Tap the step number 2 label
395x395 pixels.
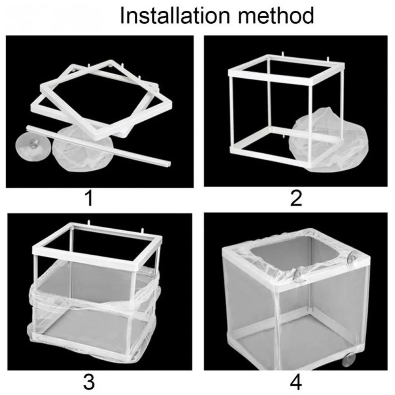tap(296, 198)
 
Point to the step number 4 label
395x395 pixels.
tap(296, 382)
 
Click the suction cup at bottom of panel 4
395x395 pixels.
tap(349, 359)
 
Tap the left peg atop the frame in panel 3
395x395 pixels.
tap(89, 223)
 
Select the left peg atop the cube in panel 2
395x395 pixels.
tap(283, 55)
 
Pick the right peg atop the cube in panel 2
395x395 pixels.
tap(328, 60)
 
